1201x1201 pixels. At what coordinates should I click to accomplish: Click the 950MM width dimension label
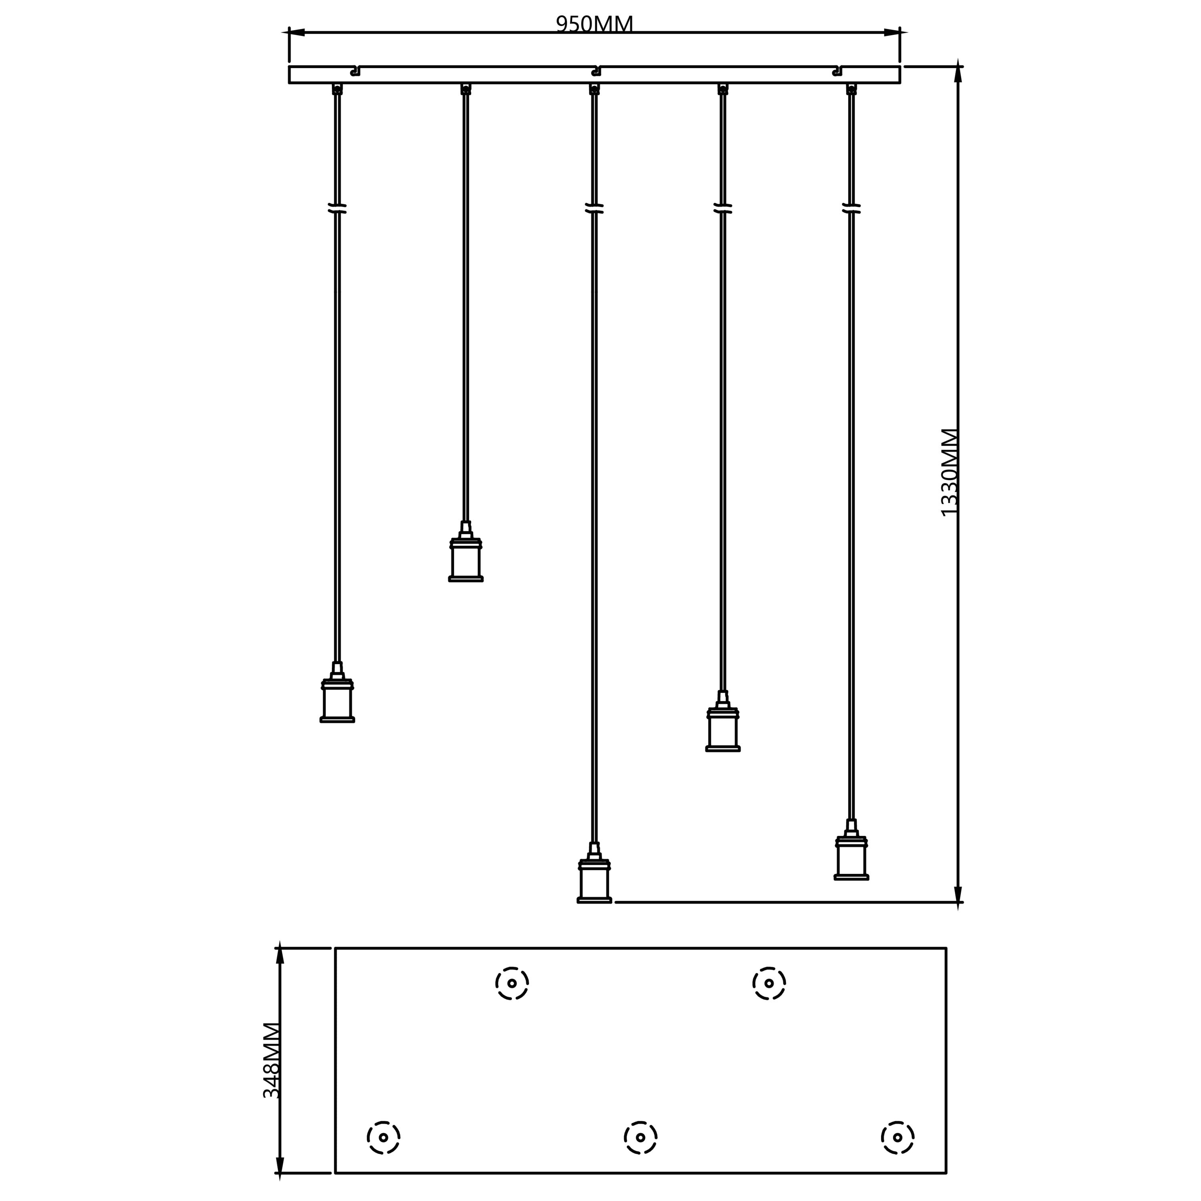(594, 24)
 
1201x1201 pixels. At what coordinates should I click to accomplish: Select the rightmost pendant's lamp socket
(851, 850)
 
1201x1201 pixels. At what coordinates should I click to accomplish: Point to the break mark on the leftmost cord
(337, 208)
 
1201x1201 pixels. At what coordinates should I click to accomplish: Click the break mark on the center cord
(594, 208)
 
